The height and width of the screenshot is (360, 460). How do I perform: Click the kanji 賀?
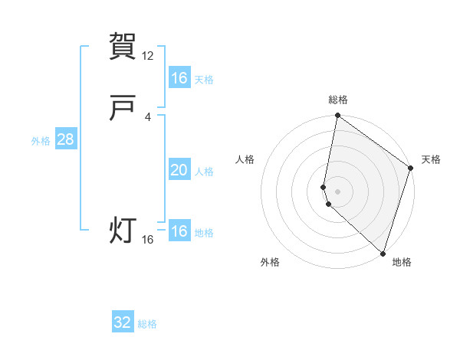tap(123, 46)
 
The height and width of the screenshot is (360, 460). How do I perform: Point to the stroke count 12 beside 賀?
tap(148, 55)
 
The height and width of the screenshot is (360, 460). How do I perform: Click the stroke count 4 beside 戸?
tap(148, 117)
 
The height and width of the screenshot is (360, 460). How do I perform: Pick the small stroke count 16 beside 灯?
tap(148, 240)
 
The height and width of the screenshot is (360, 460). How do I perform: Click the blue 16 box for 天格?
tap(179, 77)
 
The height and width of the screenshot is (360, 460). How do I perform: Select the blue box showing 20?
tap(179, 170)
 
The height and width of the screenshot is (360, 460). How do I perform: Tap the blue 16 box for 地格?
tap(179, 231)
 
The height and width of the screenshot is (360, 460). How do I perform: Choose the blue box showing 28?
tap(65, 139)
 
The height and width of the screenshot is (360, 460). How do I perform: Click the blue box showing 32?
tap(123, 322)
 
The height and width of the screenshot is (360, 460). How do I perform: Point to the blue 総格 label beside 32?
tap(147, 324)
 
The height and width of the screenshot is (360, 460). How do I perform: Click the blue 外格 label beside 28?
tap(41, 141)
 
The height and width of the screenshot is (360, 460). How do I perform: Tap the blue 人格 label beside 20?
tap(204, 172)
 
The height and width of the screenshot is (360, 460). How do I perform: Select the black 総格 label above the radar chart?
tap(338, 100)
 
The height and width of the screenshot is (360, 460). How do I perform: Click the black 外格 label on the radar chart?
tap(270, 262)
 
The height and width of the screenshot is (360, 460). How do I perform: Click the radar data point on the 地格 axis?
tap(383, 253)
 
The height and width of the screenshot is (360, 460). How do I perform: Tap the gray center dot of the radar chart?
tap(338, 191)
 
